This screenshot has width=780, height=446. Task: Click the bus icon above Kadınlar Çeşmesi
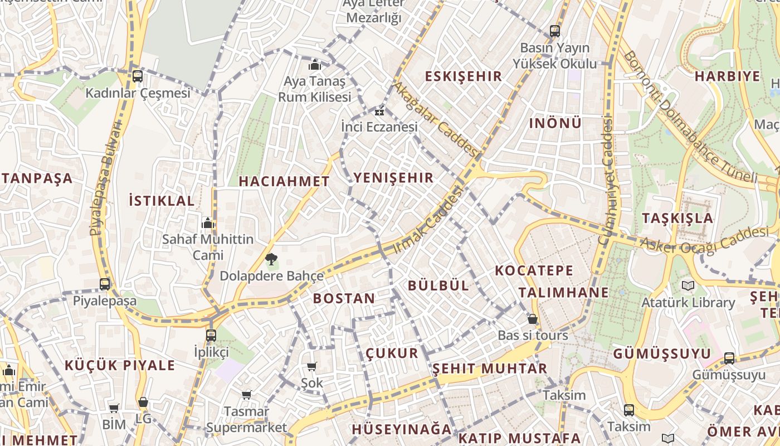pyautogui.click(x=137, y=76)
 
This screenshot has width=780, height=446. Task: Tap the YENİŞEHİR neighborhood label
pyautogui.click(x=393, y=178)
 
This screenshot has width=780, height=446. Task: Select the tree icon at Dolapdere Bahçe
pyautogui.click(x=271, y=259)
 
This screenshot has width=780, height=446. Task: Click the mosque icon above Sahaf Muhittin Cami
pyautogui.click(x=208, y=223)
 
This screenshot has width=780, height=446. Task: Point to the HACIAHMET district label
pyautogui.click(x=284, y=181)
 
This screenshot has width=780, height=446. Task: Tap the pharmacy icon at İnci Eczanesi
pyautogui.click(x=379, y=111)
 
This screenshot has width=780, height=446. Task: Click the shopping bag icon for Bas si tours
pyautogui.click(x=533, y=319)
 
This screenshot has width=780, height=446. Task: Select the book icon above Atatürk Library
pyautogui.click(x=688, y=286)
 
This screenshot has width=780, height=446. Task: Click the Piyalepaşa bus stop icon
pyautogui.click(x=105, y=284)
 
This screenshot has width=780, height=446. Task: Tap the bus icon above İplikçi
pyautogui.click(x=211, y=335)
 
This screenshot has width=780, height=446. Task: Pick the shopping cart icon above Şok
pyautogui.click(x=312, y=366)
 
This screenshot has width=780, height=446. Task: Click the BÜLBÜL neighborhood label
pyautogui.click(x=438, y=285)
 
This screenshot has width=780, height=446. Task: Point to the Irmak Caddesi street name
pyautogui.click(x=429, y=221)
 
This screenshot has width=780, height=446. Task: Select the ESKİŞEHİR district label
pyautogui.click(x=464, y=76)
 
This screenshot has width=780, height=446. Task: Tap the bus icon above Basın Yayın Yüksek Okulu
pyautogui.click(x=555, y=31)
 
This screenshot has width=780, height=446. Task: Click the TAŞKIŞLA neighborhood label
pyautogui.click(x=677, y=218)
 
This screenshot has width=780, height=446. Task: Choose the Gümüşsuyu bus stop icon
pyautogui.click(x=729, y=358)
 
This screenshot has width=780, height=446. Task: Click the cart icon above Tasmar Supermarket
pyautogui.click(x=246, y=395)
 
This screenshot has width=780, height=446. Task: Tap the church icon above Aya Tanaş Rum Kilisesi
pyautogui.click(x=315, y=65)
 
